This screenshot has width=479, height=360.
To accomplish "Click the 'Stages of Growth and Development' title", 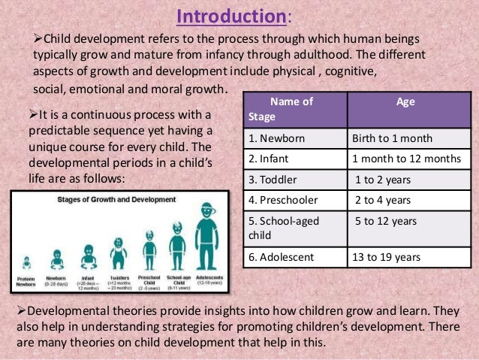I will [116, 200].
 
